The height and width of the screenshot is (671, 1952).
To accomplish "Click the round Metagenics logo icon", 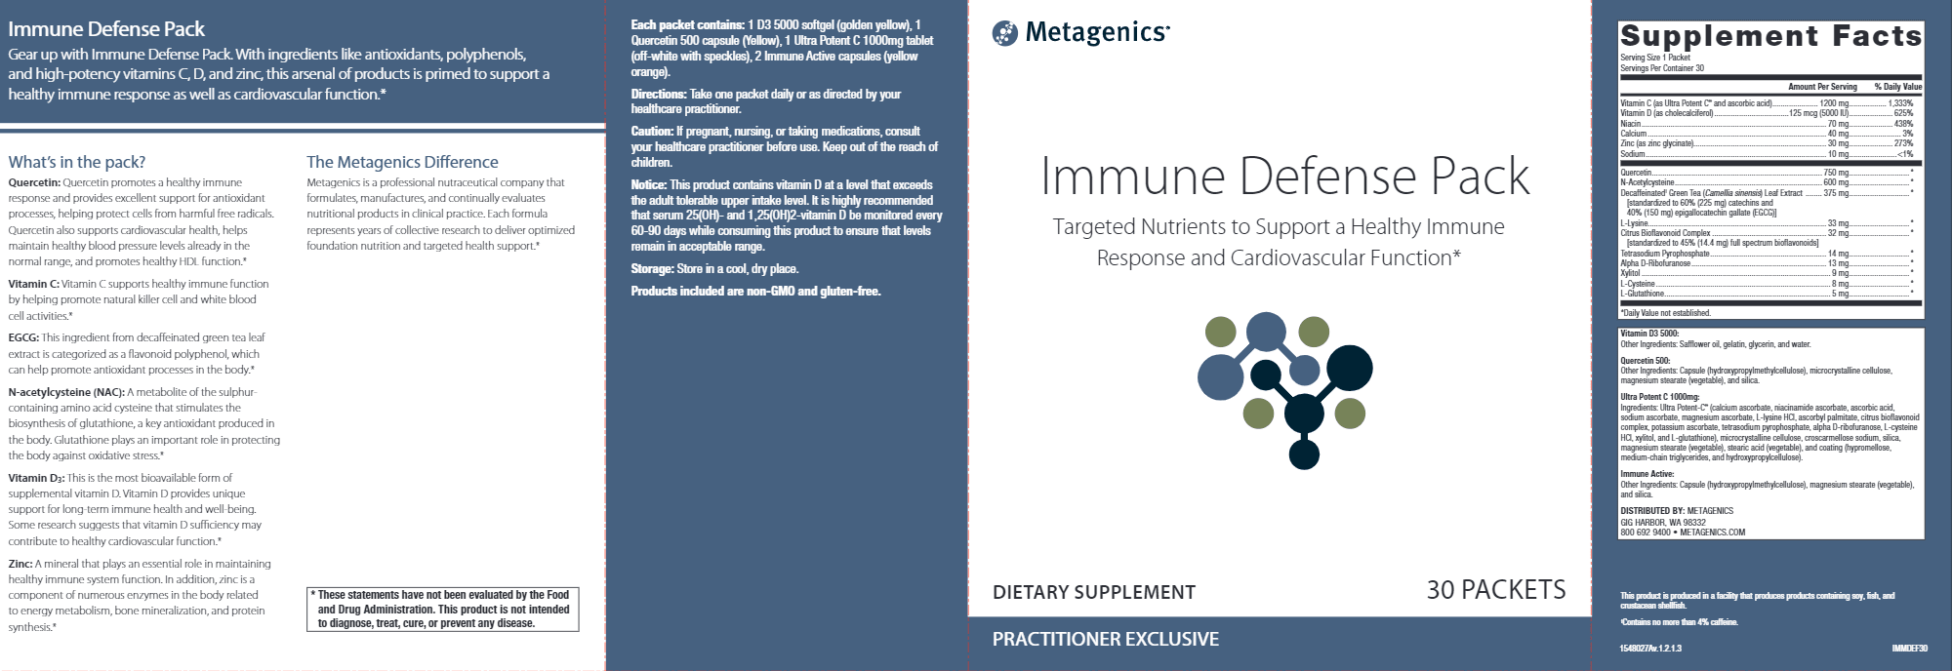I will [x=1004, y=34].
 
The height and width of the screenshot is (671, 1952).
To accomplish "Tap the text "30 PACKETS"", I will [x=1495, y=590].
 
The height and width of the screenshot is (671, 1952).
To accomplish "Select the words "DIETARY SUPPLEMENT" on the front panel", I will [x=1093, y=592].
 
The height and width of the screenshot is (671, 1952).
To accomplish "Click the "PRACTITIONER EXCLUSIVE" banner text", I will [x=1105, y=639].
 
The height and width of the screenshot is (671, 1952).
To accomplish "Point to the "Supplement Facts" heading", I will [x=1770, y=37].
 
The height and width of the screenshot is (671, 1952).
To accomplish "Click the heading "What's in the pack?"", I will [x=77, y=162].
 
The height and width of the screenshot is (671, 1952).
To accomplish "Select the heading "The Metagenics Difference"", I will [x=402, y=162].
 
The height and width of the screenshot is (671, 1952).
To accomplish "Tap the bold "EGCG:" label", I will [x=23, y=337].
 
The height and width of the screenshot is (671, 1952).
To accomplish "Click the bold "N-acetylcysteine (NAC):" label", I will [x=66, y=392].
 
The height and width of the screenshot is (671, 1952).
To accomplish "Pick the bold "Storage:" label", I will [x=652, y=269].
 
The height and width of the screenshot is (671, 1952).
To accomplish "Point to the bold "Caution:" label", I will [x=652, y=132].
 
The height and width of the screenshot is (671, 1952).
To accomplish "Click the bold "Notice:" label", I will [x=649, y=185].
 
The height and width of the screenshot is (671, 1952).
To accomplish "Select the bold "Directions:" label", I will [x=659, y=95].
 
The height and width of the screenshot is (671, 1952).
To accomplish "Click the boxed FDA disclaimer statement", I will [x=443, y=609].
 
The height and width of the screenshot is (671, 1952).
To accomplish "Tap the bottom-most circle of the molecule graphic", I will [x=1304, y=454].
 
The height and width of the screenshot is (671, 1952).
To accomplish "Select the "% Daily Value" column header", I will [x=1897, y=87].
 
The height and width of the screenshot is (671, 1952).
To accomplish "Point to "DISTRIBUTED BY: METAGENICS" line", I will [x=1677, y=511].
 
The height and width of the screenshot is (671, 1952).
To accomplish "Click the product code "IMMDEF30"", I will [x=1909, y=648].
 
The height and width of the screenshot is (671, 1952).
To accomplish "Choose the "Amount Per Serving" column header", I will [x=1822, y=87].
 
